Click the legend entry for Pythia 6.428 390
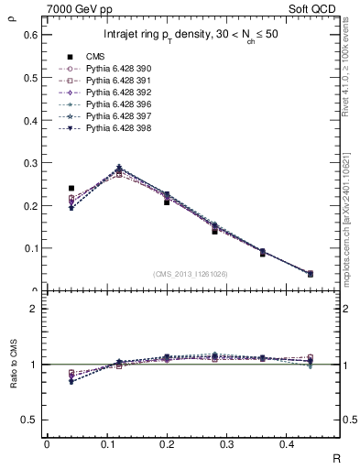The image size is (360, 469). coord(110,69)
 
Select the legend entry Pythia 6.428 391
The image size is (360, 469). coord(110,81)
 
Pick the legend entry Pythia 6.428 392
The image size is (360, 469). coord(110,93)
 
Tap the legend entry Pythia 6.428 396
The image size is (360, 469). coord(110,104)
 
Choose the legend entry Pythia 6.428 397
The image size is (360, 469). coord(110,116)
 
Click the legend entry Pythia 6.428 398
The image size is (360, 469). coord(110,128)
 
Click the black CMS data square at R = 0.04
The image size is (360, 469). coord(71,188)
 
